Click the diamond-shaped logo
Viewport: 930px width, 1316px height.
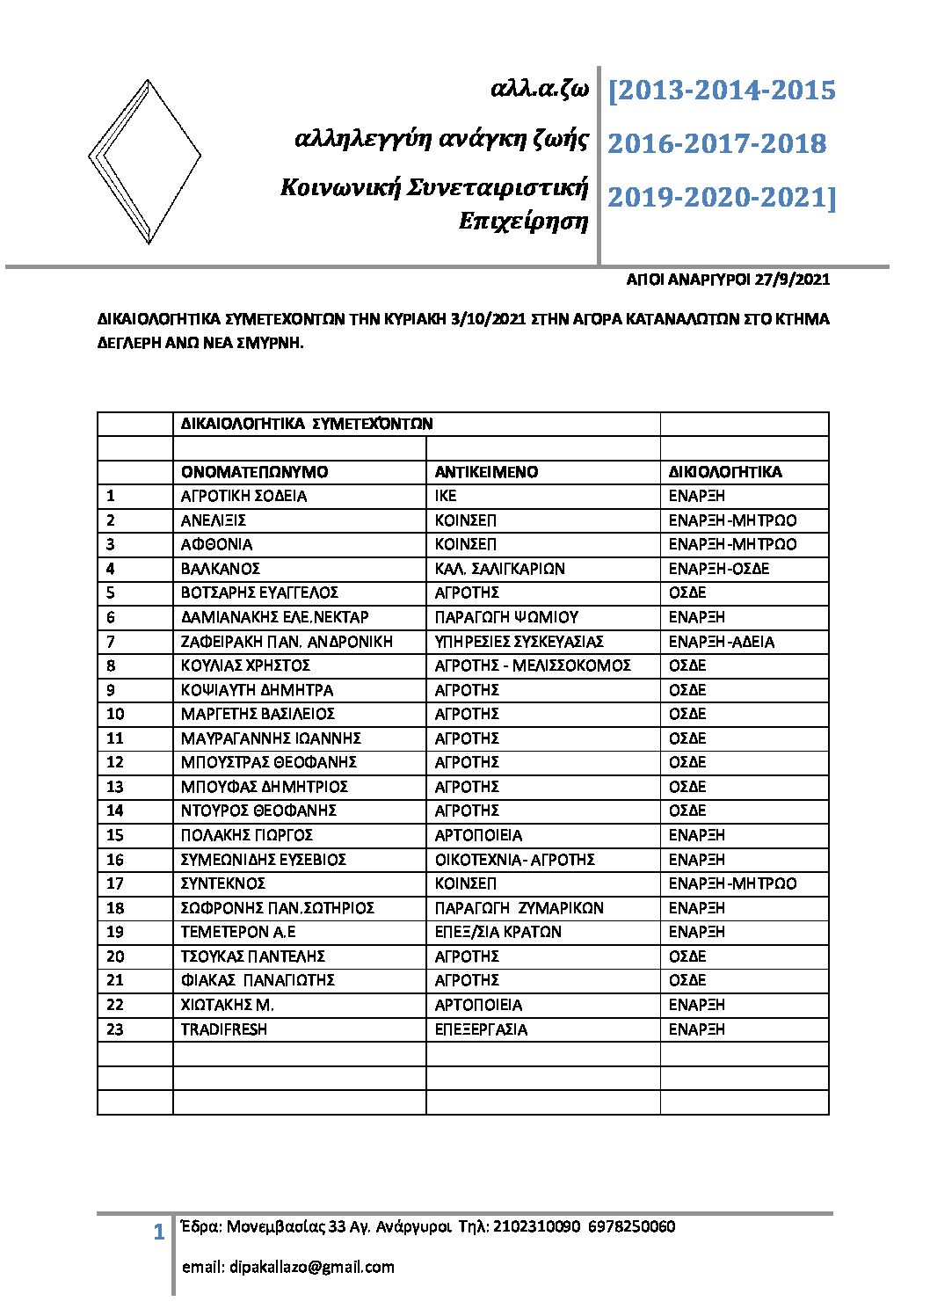tap(145, 161)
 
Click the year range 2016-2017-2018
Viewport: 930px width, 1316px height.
tap(716, 143)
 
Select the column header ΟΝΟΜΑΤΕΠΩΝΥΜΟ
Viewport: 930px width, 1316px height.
tap(254, 472)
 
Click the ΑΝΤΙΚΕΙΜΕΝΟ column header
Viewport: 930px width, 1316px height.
tap(486, 472)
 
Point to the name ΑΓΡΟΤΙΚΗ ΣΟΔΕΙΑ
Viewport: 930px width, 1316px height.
tap(243, 496)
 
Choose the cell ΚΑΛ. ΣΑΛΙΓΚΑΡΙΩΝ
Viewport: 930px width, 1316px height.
tap(499, 569)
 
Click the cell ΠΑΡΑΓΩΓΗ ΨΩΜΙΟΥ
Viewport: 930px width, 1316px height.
tap(506, 617)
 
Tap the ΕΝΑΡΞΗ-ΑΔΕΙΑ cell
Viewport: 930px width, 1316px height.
tap(721, 642)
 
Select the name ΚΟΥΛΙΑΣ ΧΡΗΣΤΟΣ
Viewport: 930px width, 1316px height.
tap(245, 665)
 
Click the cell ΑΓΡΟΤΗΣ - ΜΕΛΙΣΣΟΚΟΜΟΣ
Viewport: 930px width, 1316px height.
tap(533, 665)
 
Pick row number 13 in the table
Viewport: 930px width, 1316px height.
tap(115, 787)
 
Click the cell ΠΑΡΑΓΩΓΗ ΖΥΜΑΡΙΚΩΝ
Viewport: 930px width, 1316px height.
tap(519, 908)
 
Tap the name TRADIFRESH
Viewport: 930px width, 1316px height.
tap(223, 1029)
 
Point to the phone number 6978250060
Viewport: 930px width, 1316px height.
tap(631, 1226)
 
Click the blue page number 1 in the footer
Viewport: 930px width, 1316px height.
tap(158, 1232)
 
